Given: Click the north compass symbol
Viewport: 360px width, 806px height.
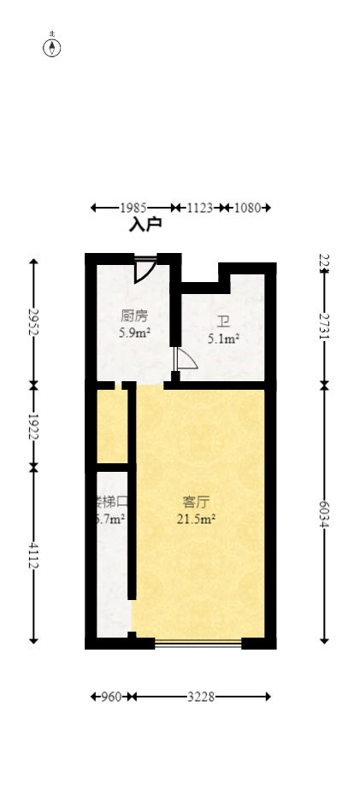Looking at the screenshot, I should (x=52, y=47).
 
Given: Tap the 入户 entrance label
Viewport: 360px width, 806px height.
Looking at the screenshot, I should (x=145, y=225).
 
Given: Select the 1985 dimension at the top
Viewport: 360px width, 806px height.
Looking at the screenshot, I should (x=133, y=208).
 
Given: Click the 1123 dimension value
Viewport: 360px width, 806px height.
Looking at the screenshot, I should (x=199, y=208).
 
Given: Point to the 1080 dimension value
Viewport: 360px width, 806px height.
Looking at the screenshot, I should (x=248, y=208).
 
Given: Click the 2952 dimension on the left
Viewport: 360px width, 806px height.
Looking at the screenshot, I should (x=33, y=321).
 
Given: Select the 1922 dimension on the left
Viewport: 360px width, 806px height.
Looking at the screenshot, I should (x=33, y=427).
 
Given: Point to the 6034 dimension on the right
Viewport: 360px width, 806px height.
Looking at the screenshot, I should (x=324, y=514).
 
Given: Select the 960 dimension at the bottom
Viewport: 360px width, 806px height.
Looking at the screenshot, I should (x=111, y=697).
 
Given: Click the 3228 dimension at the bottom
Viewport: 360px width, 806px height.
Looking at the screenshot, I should (x=201, y=697).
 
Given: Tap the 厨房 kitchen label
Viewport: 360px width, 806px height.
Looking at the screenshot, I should (x=134, y=315).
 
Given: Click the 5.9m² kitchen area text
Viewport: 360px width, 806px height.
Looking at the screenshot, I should (x=134, y=332).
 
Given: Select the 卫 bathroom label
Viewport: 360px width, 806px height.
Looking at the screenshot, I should (x=223, y=321).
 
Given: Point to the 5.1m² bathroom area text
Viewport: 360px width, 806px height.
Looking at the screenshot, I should (x=223, y=338).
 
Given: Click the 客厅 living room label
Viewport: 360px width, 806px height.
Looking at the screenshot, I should (x=197, y=501).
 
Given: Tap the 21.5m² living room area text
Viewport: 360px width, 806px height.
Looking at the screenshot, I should (x=197, y=518).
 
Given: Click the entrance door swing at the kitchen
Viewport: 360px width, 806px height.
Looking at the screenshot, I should (x=144, y=269).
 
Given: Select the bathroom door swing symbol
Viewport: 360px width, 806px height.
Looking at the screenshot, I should (x=185, y=360).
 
